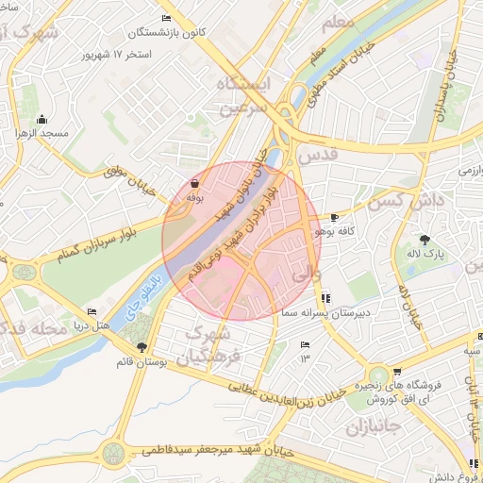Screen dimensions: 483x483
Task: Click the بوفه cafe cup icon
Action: (194, 184)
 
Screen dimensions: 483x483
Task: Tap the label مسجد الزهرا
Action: (42, 134)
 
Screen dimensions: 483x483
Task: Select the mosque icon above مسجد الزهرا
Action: (42, 120)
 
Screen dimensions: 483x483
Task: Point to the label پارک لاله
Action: (425, 254)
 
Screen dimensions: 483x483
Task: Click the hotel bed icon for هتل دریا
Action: (92, 312)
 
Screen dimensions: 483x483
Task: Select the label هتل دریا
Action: (92, 325)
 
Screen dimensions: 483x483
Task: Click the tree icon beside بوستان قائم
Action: (142, 347)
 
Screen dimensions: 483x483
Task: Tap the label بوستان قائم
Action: (142, 361)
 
